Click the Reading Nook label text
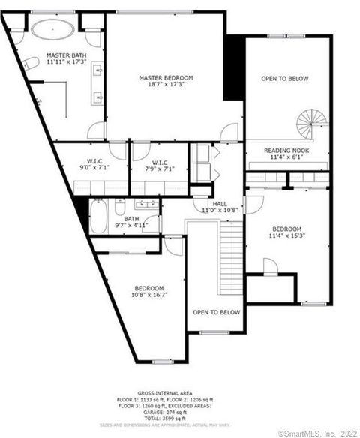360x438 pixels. coord(287,150)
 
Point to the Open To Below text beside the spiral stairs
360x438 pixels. coord(284,78)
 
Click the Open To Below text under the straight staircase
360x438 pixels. coord(216,312)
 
